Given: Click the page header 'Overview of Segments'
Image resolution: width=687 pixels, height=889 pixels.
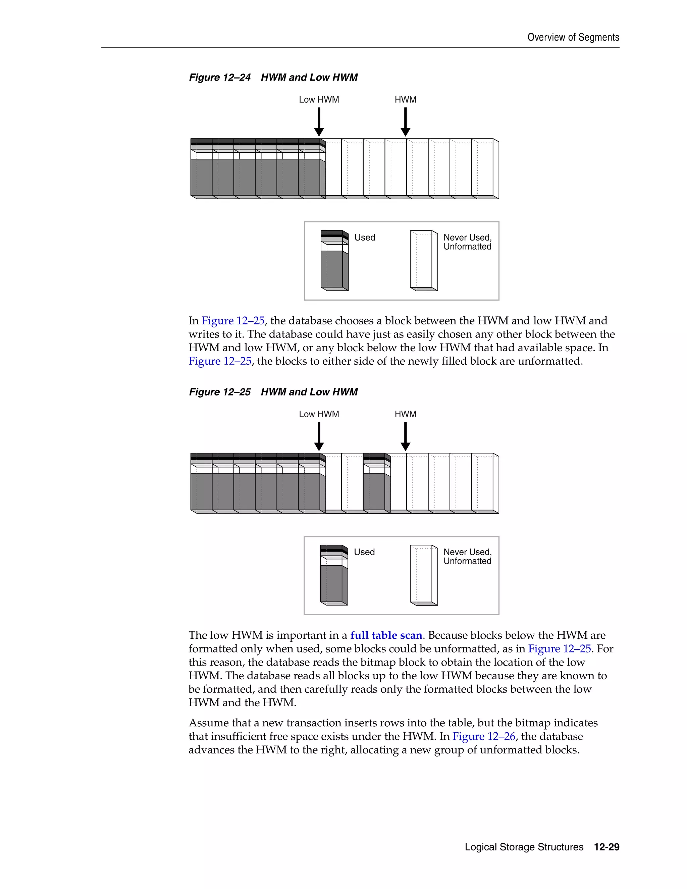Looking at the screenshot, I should (573, 38).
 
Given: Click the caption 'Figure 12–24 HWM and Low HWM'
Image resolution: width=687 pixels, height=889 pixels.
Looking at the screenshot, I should (273, 77).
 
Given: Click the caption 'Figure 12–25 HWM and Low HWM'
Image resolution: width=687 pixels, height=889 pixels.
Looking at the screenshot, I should (273, 392).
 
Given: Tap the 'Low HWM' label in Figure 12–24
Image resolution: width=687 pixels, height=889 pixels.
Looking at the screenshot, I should (319, 100).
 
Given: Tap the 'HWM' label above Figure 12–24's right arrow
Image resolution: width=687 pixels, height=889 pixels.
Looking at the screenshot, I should (405, 100).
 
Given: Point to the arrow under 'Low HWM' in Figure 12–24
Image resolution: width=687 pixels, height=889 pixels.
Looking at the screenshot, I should (319, 122).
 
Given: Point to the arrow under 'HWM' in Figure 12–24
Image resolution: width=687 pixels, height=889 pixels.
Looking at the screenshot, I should (405, 122).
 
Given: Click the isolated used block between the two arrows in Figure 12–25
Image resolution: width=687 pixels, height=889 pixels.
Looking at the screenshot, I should (375, 484).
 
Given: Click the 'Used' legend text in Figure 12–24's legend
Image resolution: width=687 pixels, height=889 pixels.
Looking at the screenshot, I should (365, 238).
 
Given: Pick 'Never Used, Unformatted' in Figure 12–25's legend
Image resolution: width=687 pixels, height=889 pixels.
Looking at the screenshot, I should (467, 557).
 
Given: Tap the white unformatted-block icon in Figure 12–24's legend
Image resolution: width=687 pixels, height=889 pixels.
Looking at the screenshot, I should (423, 261).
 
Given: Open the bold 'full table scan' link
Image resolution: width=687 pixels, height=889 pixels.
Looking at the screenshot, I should (386, 635).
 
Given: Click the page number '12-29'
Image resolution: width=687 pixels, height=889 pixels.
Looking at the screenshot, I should (606, 847).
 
